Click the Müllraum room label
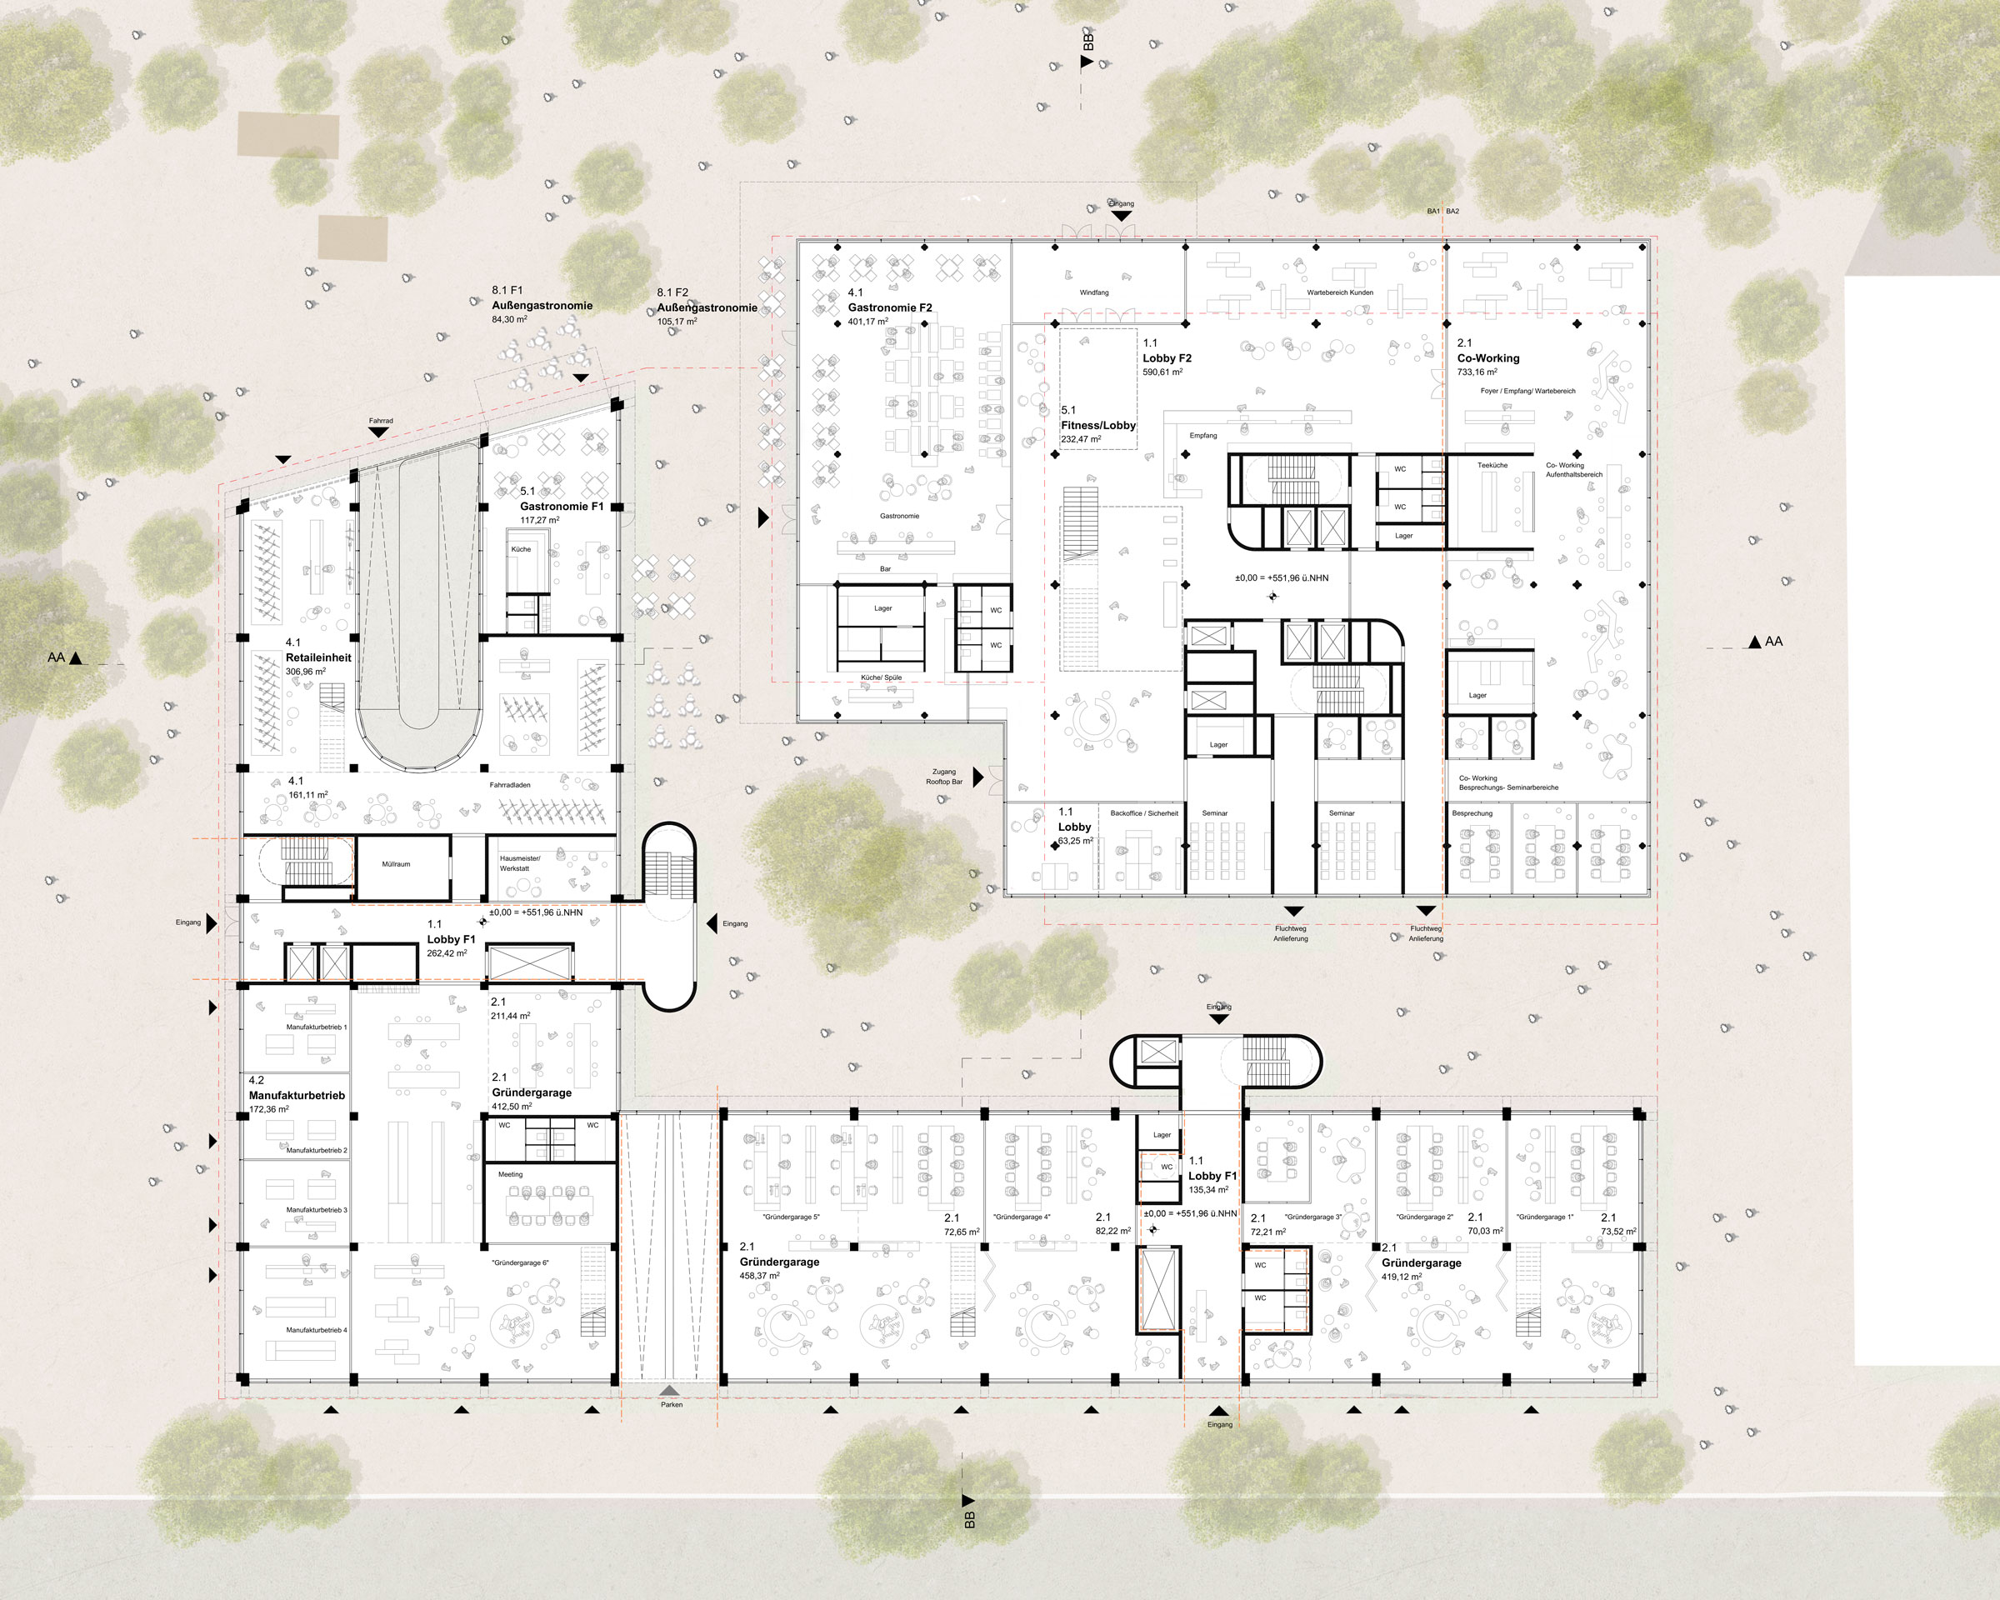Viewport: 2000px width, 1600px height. [x=396, y=863]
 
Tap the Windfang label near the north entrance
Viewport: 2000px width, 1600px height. [x=1093, y=292]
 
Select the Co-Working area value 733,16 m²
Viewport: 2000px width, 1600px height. [x=1477, y=372]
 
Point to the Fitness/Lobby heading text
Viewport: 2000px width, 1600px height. [x=1098, y=425]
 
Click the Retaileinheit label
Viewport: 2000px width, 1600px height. [x=318, y=657]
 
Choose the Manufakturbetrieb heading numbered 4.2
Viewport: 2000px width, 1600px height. [x=296, y=1096]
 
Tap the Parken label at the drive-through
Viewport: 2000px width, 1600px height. [x=672, y=1404]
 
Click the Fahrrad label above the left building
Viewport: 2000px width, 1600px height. [x=380, y=420]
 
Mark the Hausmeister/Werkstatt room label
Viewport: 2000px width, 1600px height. [x=519, y=863]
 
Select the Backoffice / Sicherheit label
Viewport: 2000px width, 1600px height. [x=1144, y=813]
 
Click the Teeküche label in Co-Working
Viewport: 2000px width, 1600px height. [x=1492, y=465]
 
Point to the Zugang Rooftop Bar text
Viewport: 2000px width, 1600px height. [x=944, y=777]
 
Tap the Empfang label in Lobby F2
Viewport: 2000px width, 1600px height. [x=1203, y=435]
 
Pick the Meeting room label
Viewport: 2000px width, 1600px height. [x=510, y=1174]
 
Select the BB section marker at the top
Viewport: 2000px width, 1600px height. [x=1088, y=42]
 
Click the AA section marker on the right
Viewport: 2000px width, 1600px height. [x=1772, y=641]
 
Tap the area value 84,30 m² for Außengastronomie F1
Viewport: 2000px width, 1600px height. [x=509, y=319]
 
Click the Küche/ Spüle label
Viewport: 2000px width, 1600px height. [x=882, y=677]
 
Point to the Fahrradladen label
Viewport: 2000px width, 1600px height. [x=510, y=785]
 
